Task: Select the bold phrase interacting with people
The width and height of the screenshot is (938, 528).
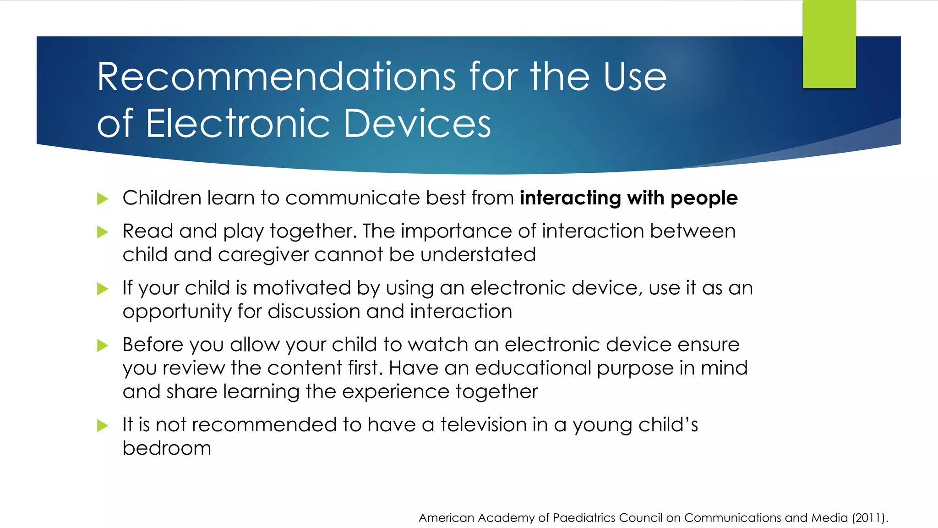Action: pos(628,198)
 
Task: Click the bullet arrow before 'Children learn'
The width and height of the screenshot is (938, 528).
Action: pos(103,199)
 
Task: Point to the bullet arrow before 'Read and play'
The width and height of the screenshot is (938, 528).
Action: pos(103,232)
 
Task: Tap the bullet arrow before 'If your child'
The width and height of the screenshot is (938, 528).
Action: pos(103,289)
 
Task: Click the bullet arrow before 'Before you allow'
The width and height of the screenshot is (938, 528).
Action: pos(103,345)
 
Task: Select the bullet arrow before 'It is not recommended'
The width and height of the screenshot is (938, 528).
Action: pos(103,425)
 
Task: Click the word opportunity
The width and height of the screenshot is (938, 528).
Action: pos(177,312)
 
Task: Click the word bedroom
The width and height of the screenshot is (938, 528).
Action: pos(167,448)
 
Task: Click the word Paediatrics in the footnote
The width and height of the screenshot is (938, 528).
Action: pos(584,518)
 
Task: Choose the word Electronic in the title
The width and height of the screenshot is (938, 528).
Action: pos(238,124)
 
